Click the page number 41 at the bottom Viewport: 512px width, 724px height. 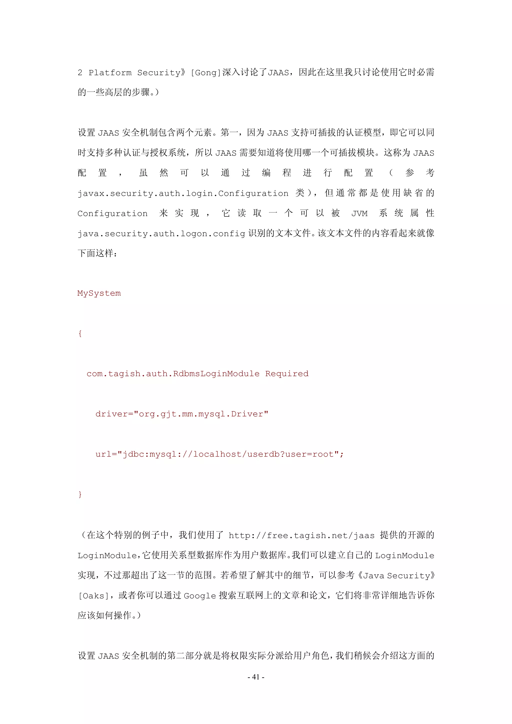pyautogui.click(x=256, y=677)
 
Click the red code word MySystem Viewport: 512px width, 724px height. pyautogui.click(x=99, y=293)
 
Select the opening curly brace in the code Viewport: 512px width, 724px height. pyautogui.click(x=80, y=334)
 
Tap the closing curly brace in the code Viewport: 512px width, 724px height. pyautogui.click(x=80, y=494)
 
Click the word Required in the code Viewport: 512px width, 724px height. pyautogui.click(x=287, y=374)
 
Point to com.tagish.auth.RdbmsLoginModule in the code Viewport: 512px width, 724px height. pyautogui.click(x=173, y=374)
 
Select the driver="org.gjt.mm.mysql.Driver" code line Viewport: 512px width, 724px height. pyautogui.click(x=182, y=414)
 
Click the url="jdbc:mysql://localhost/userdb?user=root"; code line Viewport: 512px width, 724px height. pyautogui.click(x=219, y=454)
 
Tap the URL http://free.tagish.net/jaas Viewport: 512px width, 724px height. pyautogui.click(x=301, y=535)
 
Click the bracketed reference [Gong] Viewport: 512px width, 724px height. pyautogui.click(x=206, y=73)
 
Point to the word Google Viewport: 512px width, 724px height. pyautogui.click(x=200, y=596)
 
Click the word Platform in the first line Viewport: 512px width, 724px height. pyautogui.click(x=110, y=73)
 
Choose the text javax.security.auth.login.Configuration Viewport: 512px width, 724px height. pyautogui.click(x=183, y=193)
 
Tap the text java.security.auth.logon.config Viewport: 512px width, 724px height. pyautogui.click(x=161, y=234)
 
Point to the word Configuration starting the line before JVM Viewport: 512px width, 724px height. pyautogui.click(x=112, y=213)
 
